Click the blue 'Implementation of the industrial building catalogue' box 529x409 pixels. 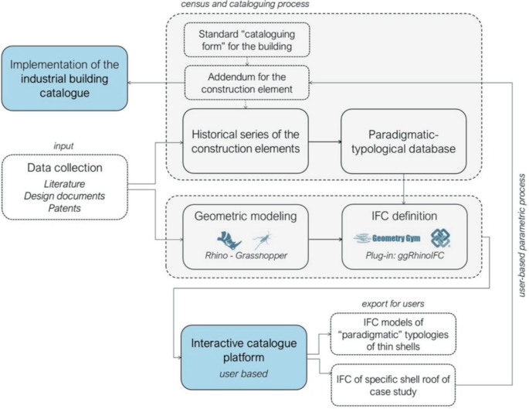64,78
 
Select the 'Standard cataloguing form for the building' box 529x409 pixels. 246,40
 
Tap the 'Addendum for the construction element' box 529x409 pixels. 246,83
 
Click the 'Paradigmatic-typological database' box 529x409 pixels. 403,141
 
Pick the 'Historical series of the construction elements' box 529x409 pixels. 246,141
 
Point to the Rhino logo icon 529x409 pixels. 229,240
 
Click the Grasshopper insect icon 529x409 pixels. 262,240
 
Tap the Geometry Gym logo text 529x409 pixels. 396,238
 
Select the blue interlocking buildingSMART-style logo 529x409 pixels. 440,238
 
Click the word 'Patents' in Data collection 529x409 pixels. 64,208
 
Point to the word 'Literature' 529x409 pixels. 64,184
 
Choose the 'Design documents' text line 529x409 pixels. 64,196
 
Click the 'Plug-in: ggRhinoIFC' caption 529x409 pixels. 405,255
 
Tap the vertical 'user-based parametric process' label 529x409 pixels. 522,235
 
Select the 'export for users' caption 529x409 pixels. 393,304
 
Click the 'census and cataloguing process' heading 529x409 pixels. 245,4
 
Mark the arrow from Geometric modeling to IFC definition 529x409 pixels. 325,240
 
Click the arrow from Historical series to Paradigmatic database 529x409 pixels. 324,141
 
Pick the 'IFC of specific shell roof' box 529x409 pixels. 393,385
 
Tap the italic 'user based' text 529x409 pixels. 243,373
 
